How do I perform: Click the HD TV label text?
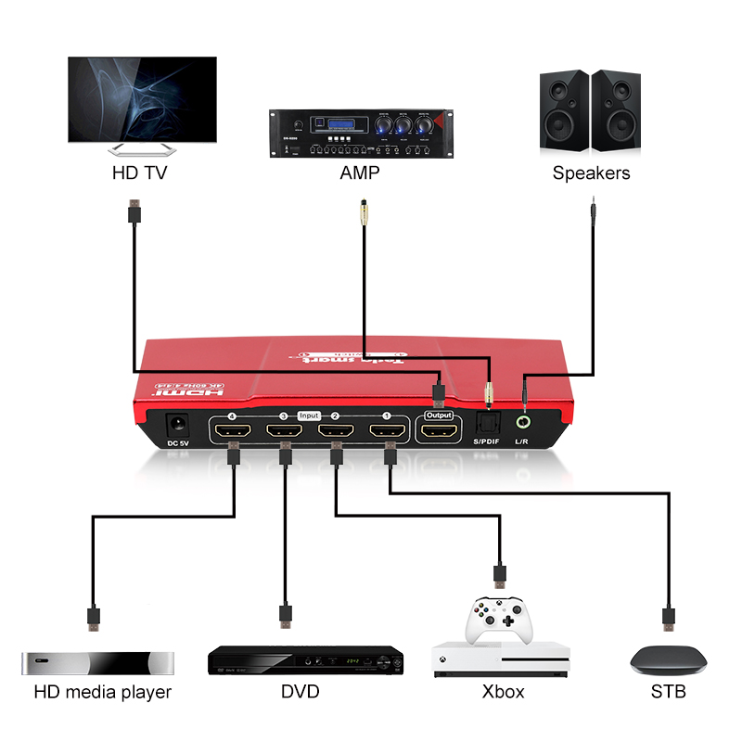click(x=139, y=173)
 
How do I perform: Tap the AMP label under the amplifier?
click(x=359, y=173)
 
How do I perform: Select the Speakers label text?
click(x=591, y=173)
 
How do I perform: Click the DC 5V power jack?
click(x=178, y=427)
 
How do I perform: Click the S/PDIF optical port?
click(x=487, y=422)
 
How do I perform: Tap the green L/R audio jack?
click(x=522, y=422)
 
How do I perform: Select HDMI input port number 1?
click(x=388, y=430)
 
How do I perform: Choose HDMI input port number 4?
click(x=232, y=430)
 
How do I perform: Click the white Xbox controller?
click(x=501, y=619)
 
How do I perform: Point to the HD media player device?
click(x=97, y=663)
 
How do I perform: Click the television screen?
click(x=142, y=99)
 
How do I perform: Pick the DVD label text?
click(x=300, y=692)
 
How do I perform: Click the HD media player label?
click(x=103, y=692)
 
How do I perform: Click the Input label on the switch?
click(x=309, y=416)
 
